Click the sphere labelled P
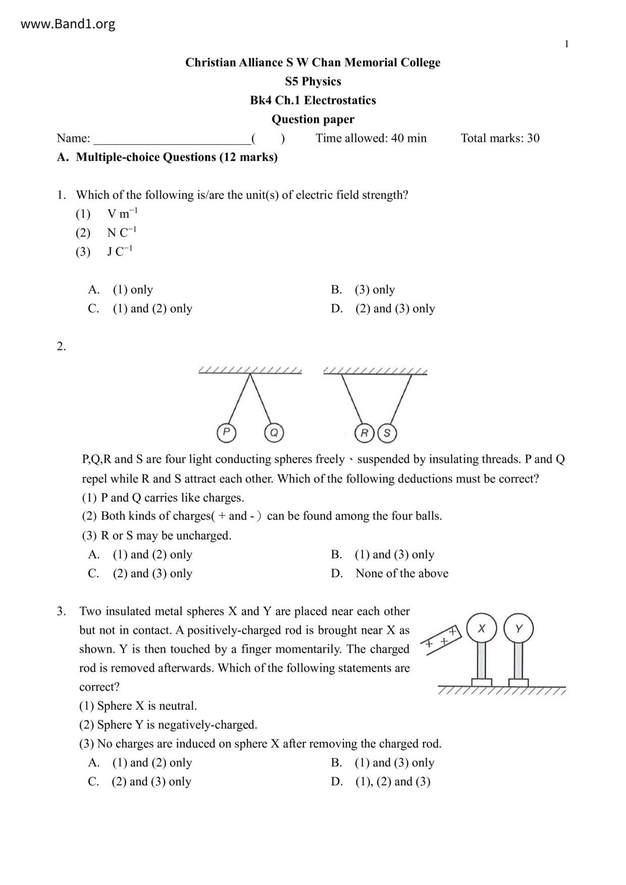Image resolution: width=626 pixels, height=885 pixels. pos(227,432)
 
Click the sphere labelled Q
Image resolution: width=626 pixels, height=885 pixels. pos(274,433)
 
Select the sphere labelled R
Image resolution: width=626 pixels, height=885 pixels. pos(364,433)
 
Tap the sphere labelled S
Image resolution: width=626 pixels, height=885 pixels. pos(387,433)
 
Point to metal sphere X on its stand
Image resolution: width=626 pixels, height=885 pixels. pos(482,629)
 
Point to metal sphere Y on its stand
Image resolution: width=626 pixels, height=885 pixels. pos(518,629)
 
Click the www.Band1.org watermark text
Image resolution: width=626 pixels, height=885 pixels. pos(68,24)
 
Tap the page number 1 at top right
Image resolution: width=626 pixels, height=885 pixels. pos(566,44)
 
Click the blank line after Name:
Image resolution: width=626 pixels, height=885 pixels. pos(172,139)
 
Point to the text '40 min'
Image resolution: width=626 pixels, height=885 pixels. pos(409,138)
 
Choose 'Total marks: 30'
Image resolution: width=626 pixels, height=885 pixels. pos(500,138)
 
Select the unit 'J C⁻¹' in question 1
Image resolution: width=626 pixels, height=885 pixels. pos(120,251)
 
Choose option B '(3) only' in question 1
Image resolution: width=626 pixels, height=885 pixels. pos(375,290)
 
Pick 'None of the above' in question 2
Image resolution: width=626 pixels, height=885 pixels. pos(401,574)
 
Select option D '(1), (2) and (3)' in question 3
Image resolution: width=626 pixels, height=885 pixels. pos(392,782)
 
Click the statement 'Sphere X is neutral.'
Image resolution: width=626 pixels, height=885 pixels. pos(147,706)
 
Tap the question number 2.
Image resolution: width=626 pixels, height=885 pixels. pos(61,347)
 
